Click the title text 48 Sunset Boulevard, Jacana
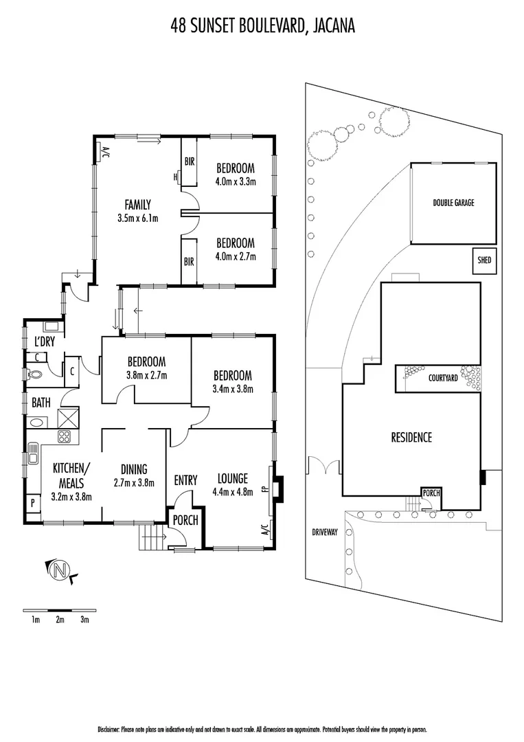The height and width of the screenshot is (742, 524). click(262, 27)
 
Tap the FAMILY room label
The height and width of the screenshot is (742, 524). click(137, 204)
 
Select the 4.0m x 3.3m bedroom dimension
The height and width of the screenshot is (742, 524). click(236, 182)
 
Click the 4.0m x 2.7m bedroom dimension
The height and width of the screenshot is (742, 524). click(236, 257)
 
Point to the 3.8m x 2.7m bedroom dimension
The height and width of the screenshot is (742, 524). click(146, 375)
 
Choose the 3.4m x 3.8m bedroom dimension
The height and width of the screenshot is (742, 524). click(232, 389)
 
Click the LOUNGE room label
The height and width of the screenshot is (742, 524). click(232, 479)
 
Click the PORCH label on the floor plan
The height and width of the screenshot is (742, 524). click(185, 520)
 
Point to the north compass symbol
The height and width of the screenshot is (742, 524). click(60, 570)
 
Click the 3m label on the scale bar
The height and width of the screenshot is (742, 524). click(84, 620)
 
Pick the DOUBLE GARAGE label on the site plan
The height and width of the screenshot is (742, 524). click(453, 203)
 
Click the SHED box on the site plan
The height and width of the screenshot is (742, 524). click(485, 260)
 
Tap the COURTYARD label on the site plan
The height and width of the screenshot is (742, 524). click(443, 378)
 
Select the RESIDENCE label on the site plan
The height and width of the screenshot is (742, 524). click(411, 437)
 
